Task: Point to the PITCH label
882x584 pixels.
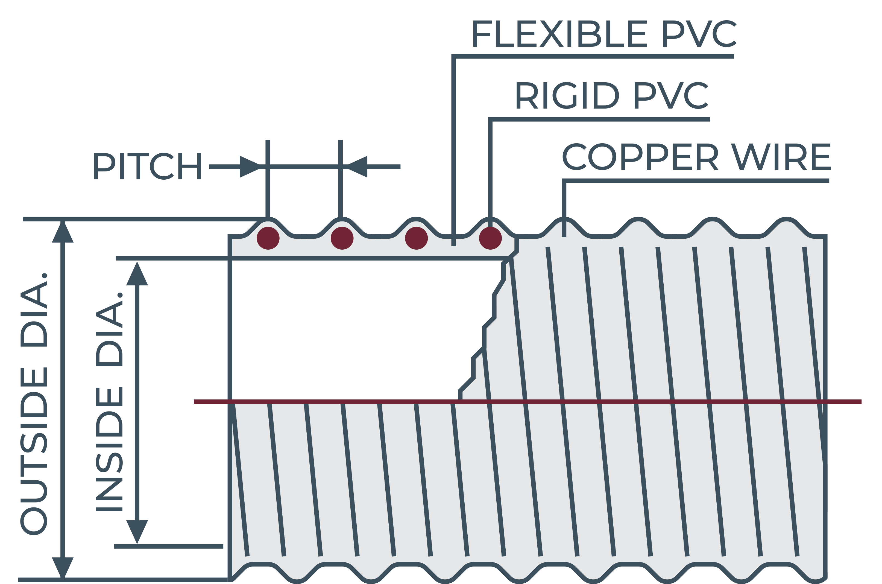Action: click(147, 166)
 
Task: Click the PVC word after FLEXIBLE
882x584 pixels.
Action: click(700, 34)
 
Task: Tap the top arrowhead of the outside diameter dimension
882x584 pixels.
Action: click(63, 232)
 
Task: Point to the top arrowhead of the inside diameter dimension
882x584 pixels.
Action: click(137, 273)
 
